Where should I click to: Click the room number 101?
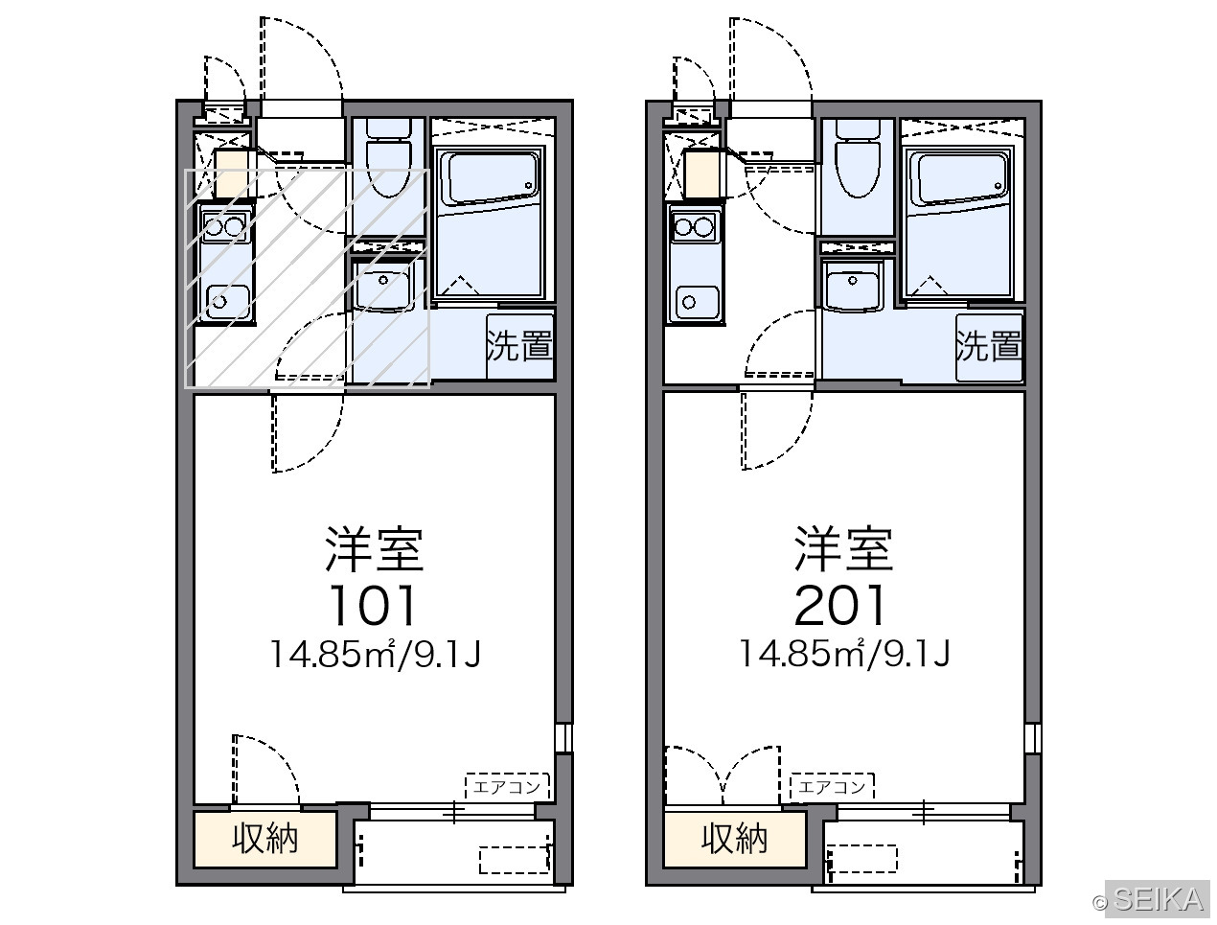click(372, 606)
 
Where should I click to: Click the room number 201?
click(840, 606)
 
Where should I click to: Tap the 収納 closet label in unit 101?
click(265, 838)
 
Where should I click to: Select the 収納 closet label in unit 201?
click(734, 838)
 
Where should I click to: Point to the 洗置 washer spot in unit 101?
click(519, 346)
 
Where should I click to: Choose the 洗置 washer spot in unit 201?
click(989, 346)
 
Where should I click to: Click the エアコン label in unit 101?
click(506, 787)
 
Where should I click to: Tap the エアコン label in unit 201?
click(832, 786)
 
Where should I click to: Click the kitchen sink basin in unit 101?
click(228, 302)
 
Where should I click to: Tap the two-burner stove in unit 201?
click(696, 227)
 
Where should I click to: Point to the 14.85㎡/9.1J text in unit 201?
click(845, 655)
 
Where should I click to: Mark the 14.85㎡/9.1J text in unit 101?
click(375, 655)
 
